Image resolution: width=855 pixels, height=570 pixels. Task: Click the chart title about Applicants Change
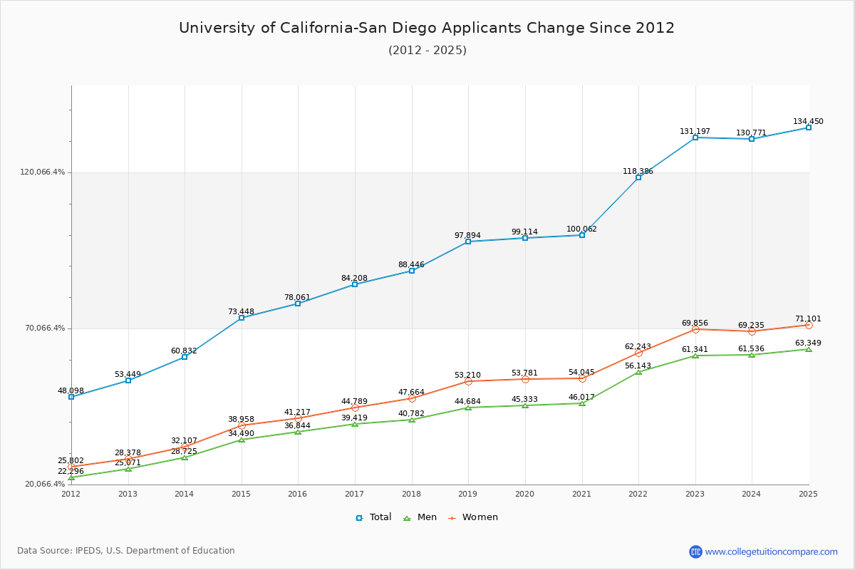(427, 28)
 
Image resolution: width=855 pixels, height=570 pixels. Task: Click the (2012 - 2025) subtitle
(427, 51)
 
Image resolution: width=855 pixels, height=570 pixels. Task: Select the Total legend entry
(373, 517)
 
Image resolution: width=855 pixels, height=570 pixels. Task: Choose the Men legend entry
(420, 517)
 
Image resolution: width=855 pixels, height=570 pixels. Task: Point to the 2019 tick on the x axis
(468, 494)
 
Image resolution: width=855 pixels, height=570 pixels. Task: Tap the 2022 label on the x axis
(638, 494)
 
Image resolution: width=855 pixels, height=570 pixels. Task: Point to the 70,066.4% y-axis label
(45, 328)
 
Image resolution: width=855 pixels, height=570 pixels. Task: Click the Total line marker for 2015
(242, 318)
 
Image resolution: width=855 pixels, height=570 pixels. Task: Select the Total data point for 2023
(695, 138)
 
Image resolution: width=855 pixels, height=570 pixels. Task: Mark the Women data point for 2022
(638, 353)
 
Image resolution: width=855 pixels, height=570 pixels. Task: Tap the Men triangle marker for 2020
(525, 405)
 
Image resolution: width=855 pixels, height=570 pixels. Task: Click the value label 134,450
(808, 122)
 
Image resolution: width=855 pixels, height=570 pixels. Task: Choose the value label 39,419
(354, 418)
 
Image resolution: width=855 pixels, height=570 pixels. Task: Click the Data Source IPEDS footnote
(126, 551)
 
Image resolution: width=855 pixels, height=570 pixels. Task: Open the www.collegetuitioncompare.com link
(771, 551)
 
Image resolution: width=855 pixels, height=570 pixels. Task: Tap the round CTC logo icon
(695, 551)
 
